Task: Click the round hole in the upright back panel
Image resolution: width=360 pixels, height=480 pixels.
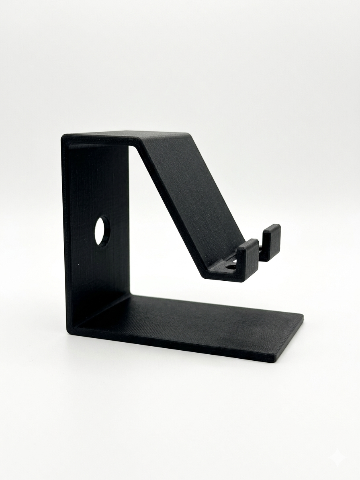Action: (x=102, y=231)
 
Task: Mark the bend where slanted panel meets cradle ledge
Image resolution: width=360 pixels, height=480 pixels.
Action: (x=205, y=273)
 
